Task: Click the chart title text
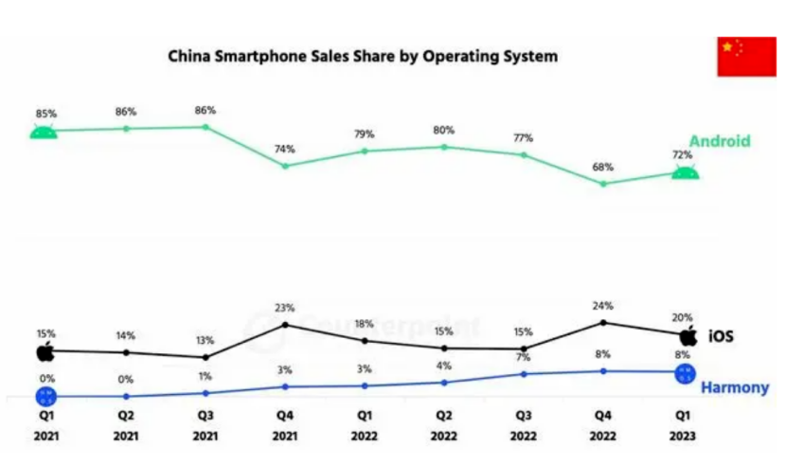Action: tap(363, 57)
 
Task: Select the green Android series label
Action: tap(720, 142)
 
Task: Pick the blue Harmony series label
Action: tap(734, 388)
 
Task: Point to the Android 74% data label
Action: tap(285, 149)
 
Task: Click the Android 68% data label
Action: tap(603, 167)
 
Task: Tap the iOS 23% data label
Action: tap(285, 308)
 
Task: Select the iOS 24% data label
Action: tap(603, 306)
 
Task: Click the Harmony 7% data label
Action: tap(523, 356)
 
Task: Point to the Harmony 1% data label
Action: tap(205, 376)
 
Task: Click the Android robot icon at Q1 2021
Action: tap(44, 132)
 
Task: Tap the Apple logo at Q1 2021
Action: tap(45, 353)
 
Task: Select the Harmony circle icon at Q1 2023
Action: tap(685, 374)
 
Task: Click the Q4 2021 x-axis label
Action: tap(285, 424)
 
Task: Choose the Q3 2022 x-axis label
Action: tap(523, 424)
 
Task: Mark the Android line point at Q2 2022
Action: tap(444, 147)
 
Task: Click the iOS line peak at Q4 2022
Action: tap(603, 322)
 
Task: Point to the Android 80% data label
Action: tap(444, 130)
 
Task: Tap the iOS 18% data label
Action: tap(365, 324)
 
